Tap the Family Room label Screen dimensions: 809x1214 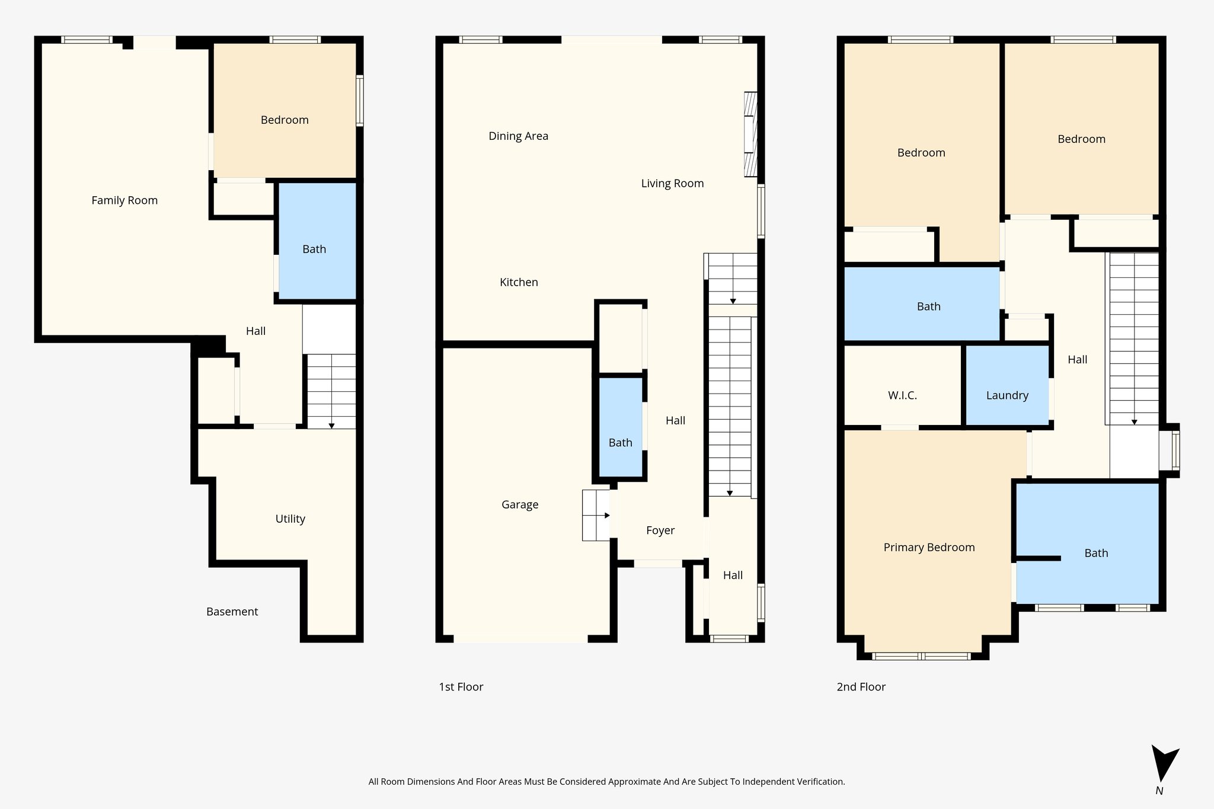coord(124,200)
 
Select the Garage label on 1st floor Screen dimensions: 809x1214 coord(520,504)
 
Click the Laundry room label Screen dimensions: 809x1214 coord(1007,395)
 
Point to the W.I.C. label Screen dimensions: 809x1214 coord(902,395)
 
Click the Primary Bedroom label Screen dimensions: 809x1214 coord(929,547)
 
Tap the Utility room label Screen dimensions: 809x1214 coord(290,519)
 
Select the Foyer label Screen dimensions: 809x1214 coord(660,530)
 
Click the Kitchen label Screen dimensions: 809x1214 coord(519,282)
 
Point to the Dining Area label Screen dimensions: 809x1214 coord(518,136)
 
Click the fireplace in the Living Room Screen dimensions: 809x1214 coord(750,134)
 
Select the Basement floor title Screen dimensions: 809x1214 coord(232,612)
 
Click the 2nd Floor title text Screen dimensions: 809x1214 coord(861,687)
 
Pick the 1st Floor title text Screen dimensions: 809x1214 coord(461,687)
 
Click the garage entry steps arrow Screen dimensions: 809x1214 coord(606,516)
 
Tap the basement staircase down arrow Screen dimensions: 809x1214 coord(331,426)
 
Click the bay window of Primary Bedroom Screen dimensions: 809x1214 coord(921,656)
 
